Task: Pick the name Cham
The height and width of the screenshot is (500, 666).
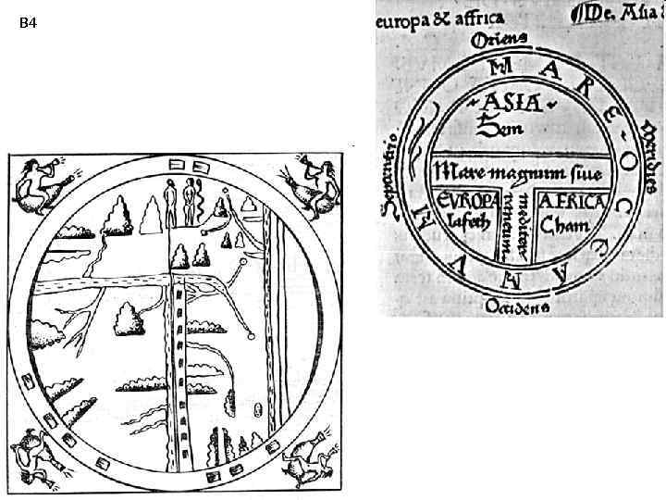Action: click(x=563, y=226)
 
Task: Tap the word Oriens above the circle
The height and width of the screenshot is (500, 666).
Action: click(x=499, y=39)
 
